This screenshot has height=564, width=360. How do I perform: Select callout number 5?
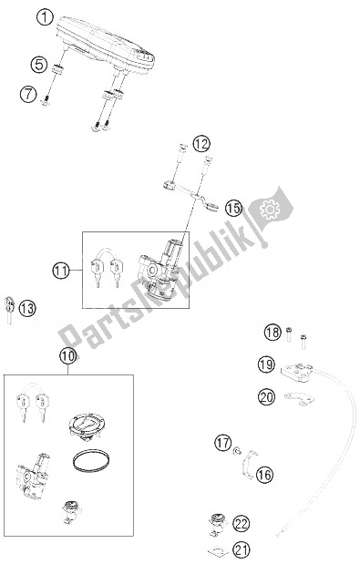pyautogui.click(x=38, y=65)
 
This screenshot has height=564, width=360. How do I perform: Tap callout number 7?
pyautogui.click(x=28, y=94)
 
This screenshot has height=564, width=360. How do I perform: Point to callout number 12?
pyautogui.click(x=201, y=143)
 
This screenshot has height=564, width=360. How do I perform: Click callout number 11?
pyautogui.click(x=61, y=270)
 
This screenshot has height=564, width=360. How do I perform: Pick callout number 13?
pyautogui.click(x=28, y=310)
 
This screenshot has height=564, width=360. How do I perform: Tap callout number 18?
pyautogui.click(x=273, y=332)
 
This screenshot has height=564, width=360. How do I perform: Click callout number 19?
pyautogui.click(x=265, y=365)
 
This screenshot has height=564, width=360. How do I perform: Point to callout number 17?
pyautogui.click(x=222, y=444)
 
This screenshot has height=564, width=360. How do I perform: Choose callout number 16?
pyautogui.click(x=264, y=474)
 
